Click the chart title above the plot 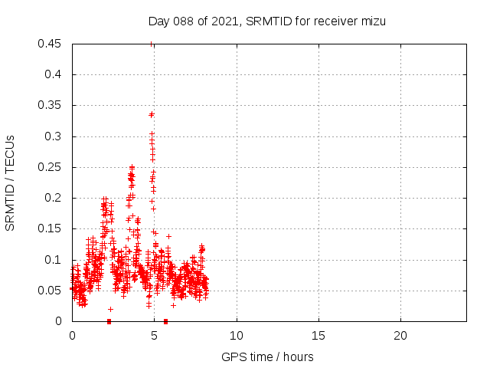coord(266,21)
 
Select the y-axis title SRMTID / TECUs coord(11,182)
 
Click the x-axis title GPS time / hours coord(267,356)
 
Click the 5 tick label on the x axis coord(154,336)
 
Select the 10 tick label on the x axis coord(237,336)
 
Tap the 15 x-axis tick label coord(318,336)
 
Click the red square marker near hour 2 coord(109,321)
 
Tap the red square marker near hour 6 coord(165,321)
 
